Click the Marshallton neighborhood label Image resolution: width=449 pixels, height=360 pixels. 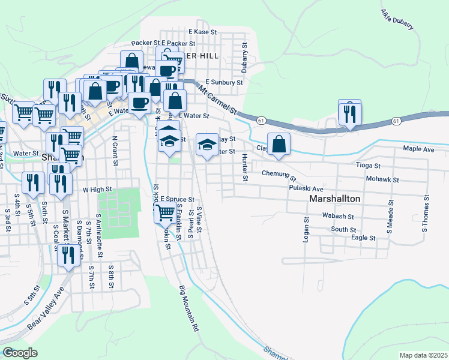(x=334, y=199)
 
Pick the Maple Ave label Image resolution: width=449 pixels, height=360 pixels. (x=418, y=148)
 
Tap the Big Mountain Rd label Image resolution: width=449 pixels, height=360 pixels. (x=188, y=309)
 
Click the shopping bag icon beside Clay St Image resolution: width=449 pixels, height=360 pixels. (x=279, y=144)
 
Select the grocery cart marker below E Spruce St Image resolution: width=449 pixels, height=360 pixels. (x=165, y=212)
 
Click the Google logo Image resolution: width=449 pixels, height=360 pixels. (x=20, y=352)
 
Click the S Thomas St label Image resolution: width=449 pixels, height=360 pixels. (x=425, y=213)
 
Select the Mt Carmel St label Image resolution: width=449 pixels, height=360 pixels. (x=217, y=101)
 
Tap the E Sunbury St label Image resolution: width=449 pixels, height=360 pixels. (x=223, y=82)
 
